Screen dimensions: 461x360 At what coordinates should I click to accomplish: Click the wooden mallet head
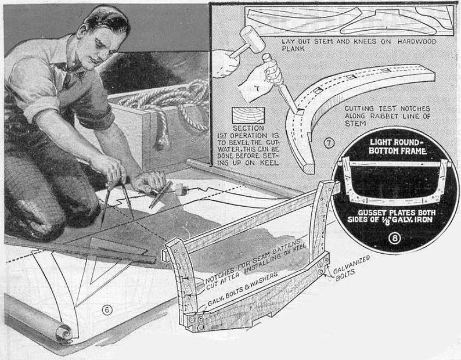[x=251, y=39]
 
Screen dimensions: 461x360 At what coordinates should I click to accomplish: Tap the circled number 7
[x=329, y=143]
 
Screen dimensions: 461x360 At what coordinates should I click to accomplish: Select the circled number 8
[x=394, y=238]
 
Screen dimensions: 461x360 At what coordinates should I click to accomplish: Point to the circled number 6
[x=107, y=309]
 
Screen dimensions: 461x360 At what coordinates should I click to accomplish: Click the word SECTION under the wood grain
[x=248, y=128]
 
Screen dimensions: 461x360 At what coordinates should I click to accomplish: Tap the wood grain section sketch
[x=248, y=115]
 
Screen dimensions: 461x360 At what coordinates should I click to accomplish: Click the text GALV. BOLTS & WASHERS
[x=243, y=289]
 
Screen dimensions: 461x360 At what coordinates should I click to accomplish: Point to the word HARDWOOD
[x=417, y=41]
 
